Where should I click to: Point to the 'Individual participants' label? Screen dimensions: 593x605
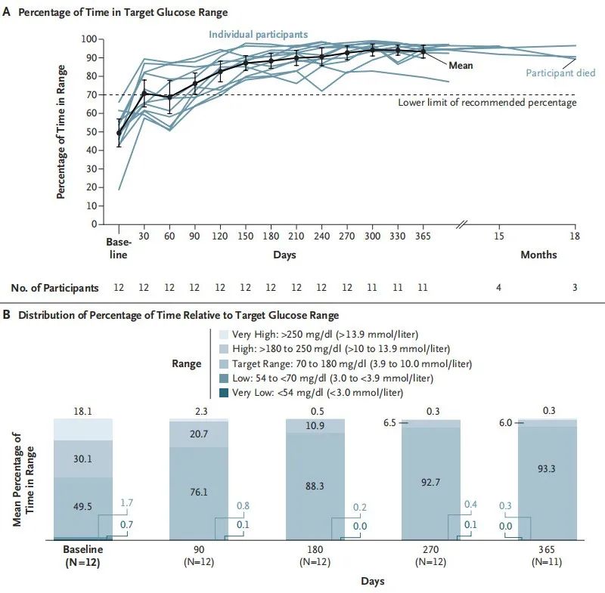[x=258, y=34]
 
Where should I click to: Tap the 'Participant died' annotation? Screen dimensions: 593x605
[x=560, y=73]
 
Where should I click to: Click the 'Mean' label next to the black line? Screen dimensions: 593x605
[x=461, y=66]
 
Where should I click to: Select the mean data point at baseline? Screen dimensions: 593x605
[x=119, y=133]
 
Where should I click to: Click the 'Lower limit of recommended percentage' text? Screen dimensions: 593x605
[x=487, y=102]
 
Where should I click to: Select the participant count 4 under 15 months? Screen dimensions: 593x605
[x=498, y=288]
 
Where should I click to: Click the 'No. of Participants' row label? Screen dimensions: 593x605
[x=54, y=288]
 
